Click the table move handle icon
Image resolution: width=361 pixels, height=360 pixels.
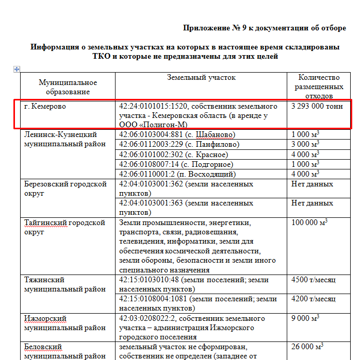pos(17,69)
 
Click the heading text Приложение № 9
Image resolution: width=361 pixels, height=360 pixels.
pos(264,28)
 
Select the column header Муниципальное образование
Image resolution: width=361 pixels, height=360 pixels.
pos(68,87)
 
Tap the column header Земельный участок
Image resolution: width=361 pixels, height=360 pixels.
pos(201,78)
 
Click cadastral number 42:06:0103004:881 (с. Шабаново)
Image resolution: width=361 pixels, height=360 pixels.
pos(177,134)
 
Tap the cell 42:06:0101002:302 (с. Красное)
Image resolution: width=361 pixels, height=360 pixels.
pos(173,154)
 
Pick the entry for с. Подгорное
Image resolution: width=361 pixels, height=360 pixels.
pos(177,164)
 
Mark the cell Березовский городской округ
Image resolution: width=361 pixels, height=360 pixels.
pos(65,188)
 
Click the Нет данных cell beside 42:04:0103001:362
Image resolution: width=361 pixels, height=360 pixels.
pos(312,184)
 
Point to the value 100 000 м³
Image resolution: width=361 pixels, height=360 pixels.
pos(309,222)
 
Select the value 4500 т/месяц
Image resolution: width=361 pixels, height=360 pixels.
pos(314,280)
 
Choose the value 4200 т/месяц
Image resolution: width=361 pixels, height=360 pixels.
pos(314,299)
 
